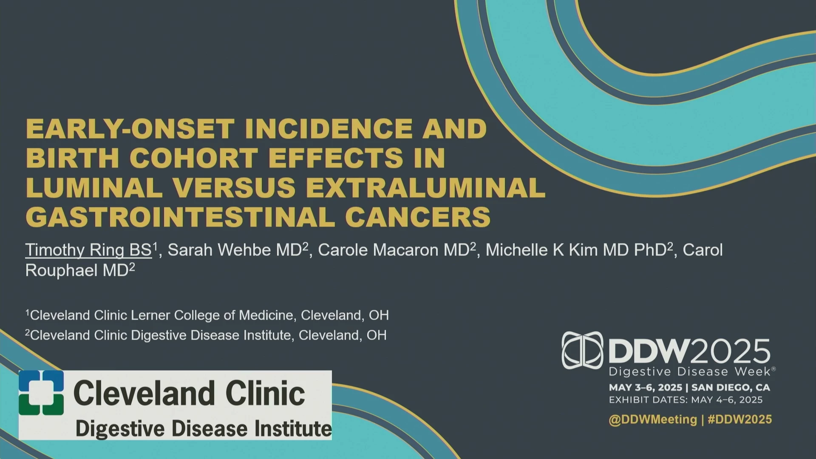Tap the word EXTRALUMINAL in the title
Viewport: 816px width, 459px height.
tap(425, 187)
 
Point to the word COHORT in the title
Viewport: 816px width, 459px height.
tap(193, 158)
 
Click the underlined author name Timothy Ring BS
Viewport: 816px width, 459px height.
tap(88, 250)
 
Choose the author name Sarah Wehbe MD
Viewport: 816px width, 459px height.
tap(235, 250)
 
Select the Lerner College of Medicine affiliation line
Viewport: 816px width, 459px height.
tap(207, 315)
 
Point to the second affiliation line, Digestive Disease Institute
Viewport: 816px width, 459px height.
tap(206, 335)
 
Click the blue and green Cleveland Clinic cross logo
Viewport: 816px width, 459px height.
tap(41, 393)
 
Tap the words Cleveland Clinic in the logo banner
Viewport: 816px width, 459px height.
tap(189, 393)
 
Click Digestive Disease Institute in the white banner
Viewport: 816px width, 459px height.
tap(204, 428)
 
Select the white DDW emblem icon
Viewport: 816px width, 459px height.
tap(582, 350)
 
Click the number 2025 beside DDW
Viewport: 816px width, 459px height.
tap(731, 351)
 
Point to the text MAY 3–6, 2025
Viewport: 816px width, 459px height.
tap(645, 388)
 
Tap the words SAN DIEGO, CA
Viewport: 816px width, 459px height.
tap(731, 388)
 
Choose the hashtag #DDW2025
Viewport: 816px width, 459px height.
tap(740, 419)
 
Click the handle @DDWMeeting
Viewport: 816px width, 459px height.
tap(653, 419)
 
